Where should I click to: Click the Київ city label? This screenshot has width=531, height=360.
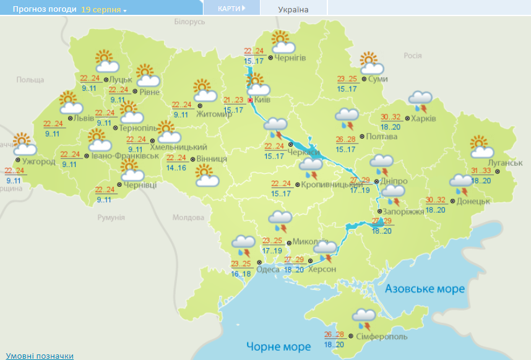pos(262,100)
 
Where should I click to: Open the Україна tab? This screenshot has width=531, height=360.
pos(293,9)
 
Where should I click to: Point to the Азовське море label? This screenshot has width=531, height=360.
pos(425,289)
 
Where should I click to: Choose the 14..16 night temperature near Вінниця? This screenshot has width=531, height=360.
pos(177,168)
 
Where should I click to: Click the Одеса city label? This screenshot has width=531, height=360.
pos(268,269)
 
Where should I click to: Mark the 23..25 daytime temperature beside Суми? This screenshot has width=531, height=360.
pos(348,79)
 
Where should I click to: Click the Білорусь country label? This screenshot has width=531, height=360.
pos(189,22)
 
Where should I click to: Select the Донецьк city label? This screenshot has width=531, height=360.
pos(474,201)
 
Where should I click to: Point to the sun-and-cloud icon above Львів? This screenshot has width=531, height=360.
pos(69,102)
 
